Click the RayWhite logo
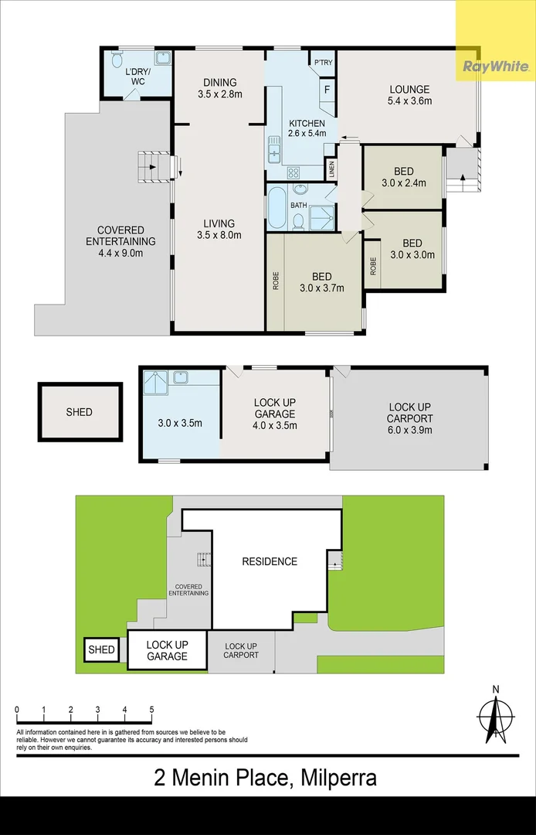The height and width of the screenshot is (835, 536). coord(495,66)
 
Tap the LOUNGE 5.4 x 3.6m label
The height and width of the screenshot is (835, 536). coord(409,95)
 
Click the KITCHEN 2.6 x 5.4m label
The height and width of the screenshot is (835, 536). coord(307,128)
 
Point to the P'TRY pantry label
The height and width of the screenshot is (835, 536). coord(322,63)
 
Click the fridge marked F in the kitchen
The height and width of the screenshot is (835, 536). coord(327,89)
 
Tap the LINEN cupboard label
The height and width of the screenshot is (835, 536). coord(332,169)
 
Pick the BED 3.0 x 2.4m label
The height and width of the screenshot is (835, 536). coord(403,177)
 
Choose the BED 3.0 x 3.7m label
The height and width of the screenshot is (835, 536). coord(322,282)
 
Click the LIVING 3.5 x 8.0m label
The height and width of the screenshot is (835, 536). coord(219,230)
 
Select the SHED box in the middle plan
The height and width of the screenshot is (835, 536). coord(80,412)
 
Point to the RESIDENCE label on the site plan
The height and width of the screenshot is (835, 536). coord(269,561)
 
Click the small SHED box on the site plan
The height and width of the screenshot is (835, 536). coord(101,649)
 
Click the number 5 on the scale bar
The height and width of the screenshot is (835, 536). coord(151,710)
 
